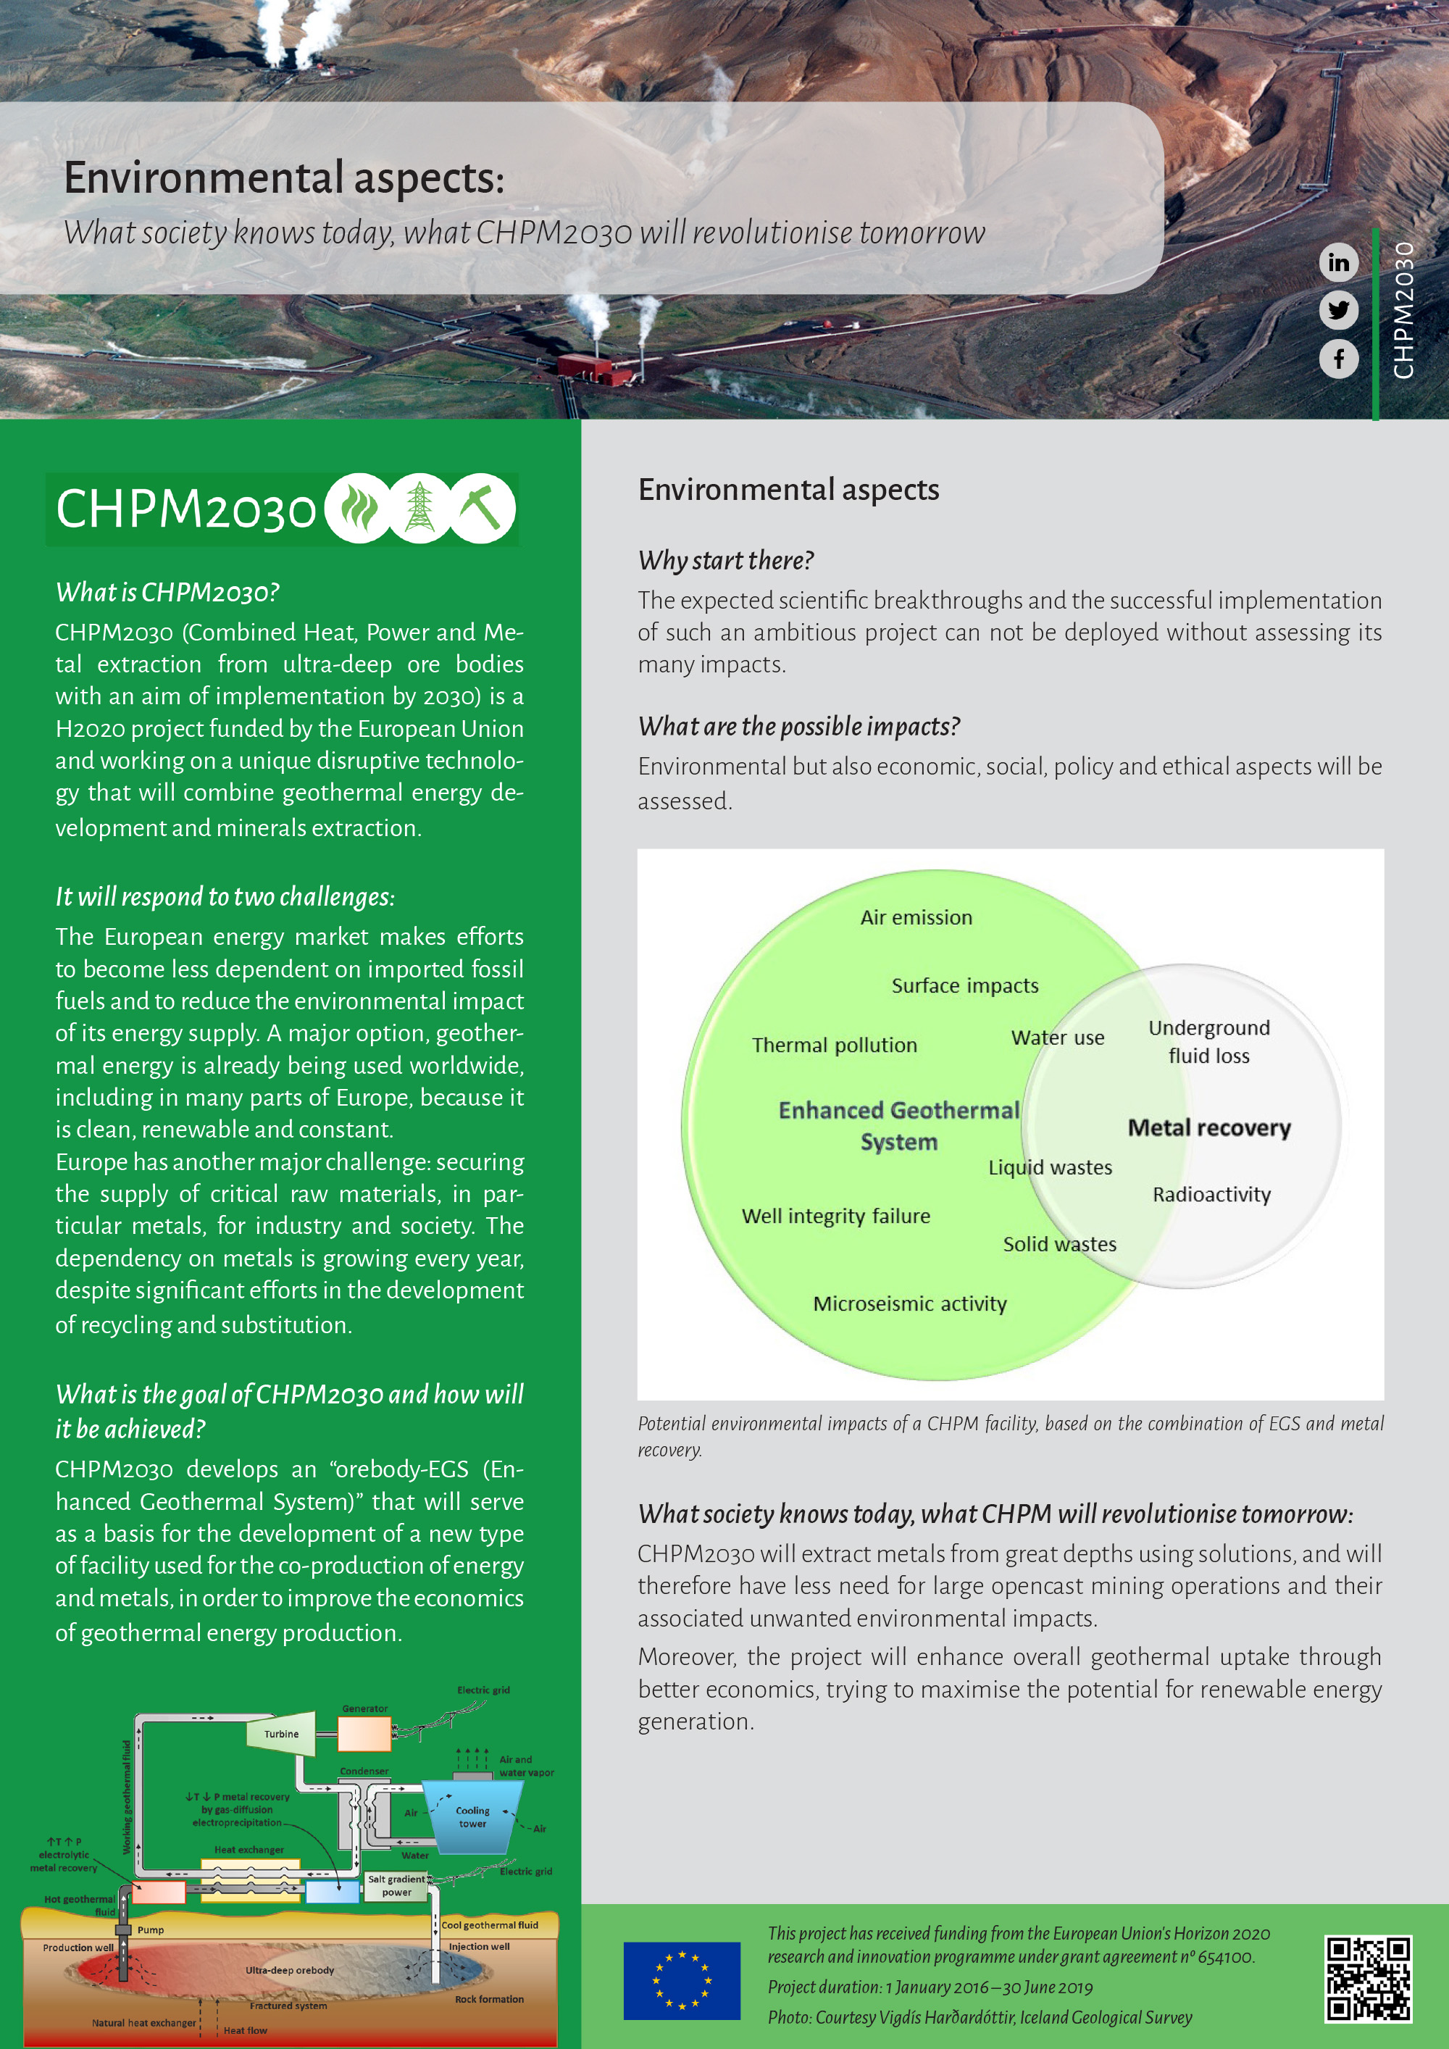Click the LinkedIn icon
(1338, 262)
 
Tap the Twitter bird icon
(1338, 311)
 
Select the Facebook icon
(1338, 359)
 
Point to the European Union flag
(682, 1980)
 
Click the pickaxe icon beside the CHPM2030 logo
(482, 509)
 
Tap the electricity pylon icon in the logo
(419, 509)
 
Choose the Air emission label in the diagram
(916, 917)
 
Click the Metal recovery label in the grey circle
(1209, 1128)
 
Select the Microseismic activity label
(909, 1304)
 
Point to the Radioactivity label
(1211, 1195)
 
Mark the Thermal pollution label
(834, 1045)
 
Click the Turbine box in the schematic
(282, 1734)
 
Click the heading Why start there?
(725, 561)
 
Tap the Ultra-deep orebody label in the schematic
(290, 1969)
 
